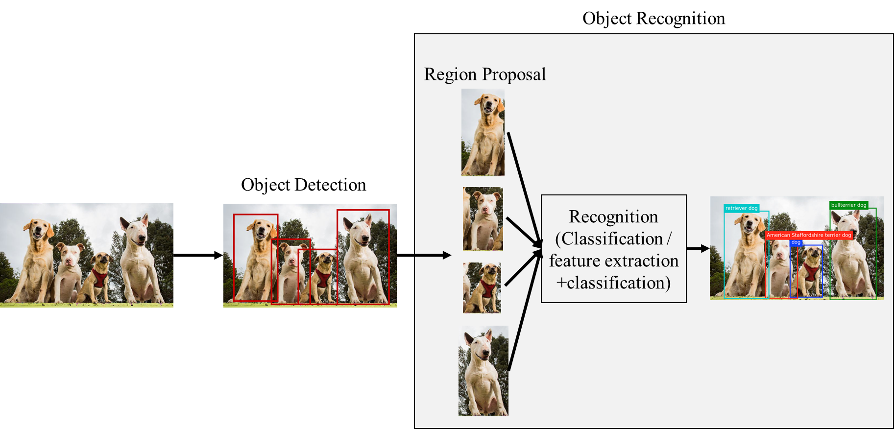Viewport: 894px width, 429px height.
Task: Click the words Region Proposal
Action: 484,74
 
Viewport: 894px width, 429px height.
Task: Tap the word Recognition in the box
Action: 613,216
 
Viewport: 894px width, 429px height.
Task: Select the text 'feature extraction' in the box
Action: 613,261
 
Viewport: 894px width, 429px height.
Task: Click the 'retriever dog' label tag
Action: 741,208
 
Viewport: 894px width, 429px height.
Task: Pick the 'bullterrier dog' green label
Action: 848,205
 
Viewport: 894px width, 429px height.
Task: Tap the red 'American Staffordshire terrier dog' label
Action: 809,235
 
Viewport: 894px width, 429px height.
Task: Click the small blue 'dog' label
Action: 796,242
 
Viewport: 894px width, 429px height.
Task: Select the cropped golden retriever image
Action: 483,132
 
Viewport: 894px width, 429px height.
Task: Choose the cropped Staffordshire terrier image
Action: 483,218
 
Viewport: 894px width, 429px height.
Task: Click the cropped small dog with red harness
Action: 482,287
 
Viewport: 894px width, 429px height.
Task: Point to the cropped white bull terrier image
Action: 483,371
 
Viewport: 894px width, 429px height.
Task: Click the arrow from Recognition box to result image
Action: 698,249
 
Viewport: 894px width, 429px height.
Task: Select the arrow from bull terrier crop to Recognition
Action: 524,313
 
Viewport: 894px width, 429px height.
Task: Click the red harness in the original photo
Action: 100,278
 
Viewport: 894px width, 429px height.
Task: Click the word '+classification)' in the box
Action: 613,283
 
